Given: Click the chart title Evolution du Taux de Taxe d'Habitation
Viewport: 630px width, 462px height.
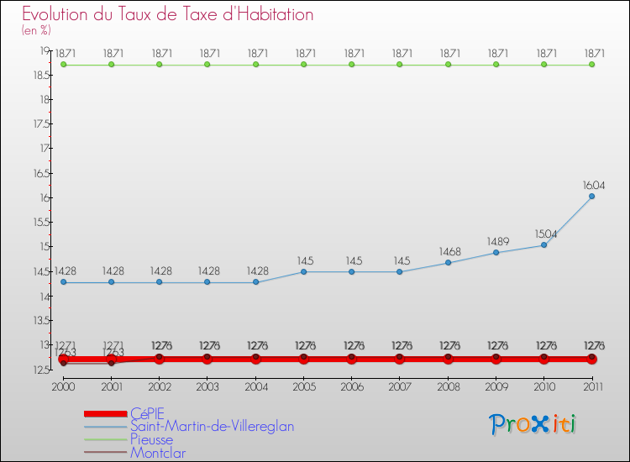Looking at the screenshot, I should click(x=168, y=15).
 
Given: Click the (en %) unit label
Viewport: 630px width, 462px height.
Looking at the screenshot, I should click(x=36, y=30).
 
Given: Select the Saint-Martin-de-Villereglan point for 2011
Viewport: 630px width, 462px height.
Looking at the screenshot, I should click(x=591, y=197).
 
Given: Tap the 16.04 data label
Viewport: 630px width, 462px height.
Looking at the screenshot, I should click(x=594, y=186).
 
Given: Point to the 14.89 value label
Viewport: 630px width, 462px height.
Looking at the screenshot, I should click(x=497, y=242).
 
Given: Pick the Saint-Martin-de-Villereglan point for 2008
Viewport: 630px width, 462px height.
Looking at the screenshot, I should click(x=448, y=263).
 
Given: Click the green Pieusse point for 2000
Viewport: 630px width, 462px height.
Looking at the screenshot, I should click(x=63, y=64).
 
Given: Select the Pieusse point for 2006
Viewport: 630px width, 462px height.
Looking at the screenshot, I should click(x=351, y=64).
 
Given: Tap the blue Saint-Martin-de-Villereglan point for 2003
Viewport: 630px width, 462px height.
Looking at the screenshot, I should click(x=207, y=282).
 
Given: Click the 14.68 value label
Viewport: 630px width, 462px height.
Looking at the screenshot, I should click(x=449, y=252).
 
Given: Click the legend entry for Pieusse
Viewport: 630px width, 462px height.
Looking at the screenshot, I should click(x=151, y=439).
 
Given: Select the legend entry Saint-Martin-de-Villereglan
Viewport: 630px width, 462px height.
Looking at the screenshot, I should click(x=212, y=426).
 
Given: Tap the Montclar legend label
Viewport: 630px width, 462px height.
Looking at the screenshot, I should click(x=158, y=453).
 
